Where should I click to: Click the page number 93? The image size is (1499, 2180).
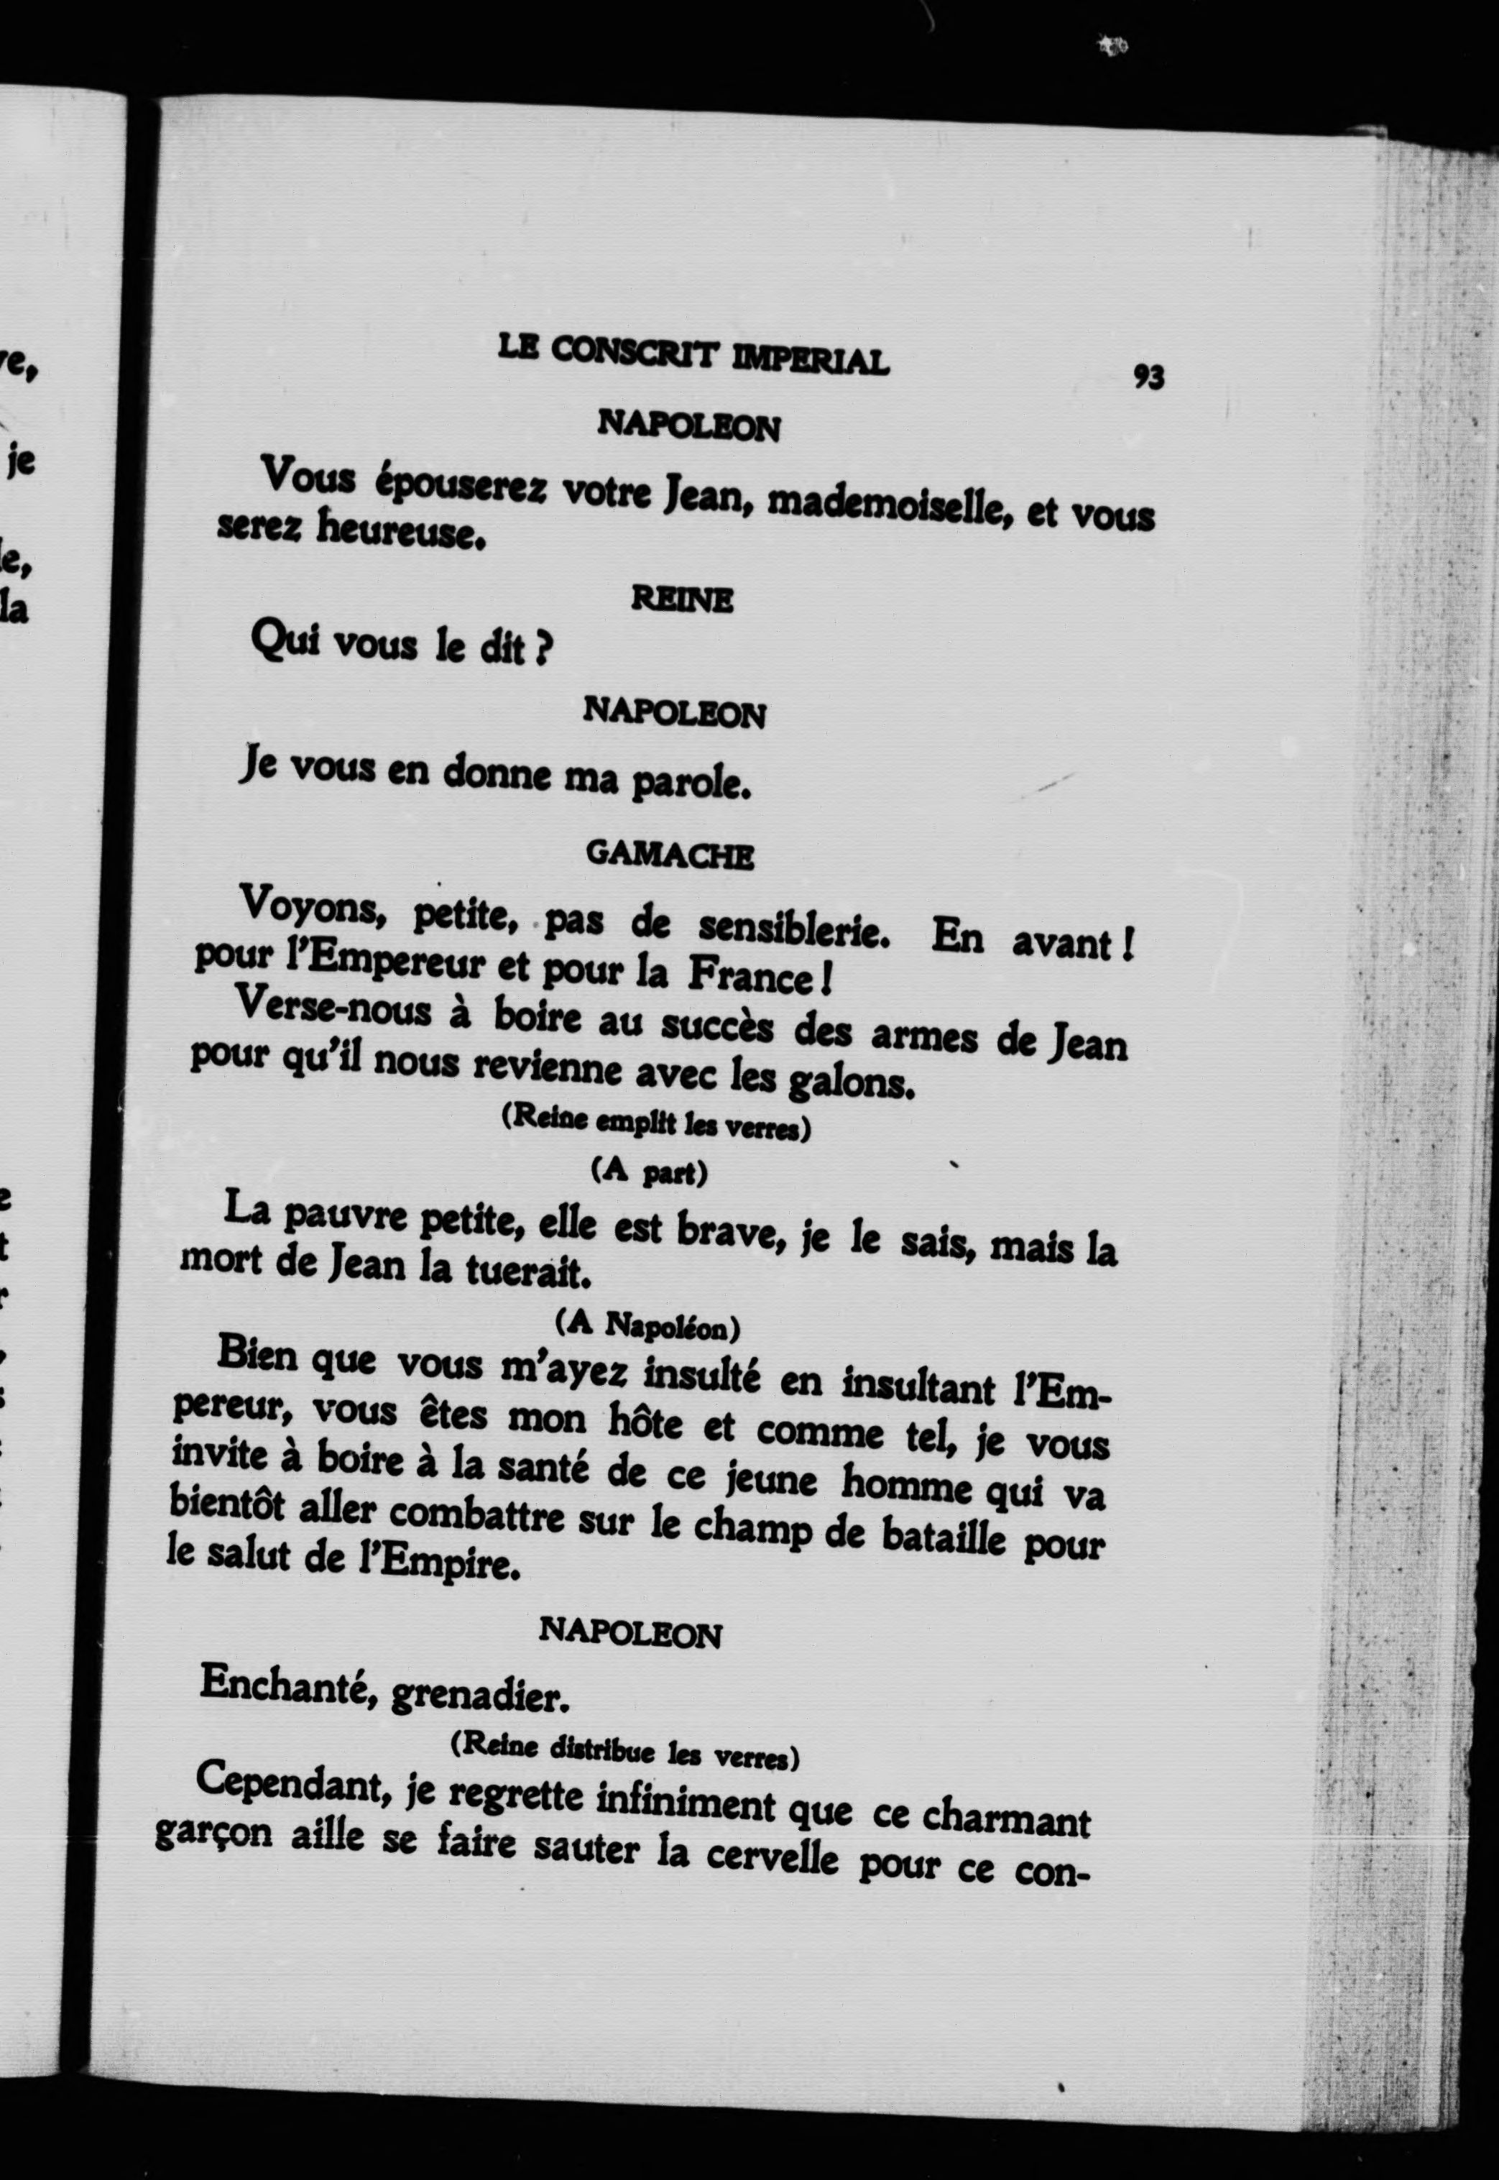[1148, 377]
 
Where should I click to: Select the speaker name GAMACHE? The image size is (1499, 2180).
[670, 855]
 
